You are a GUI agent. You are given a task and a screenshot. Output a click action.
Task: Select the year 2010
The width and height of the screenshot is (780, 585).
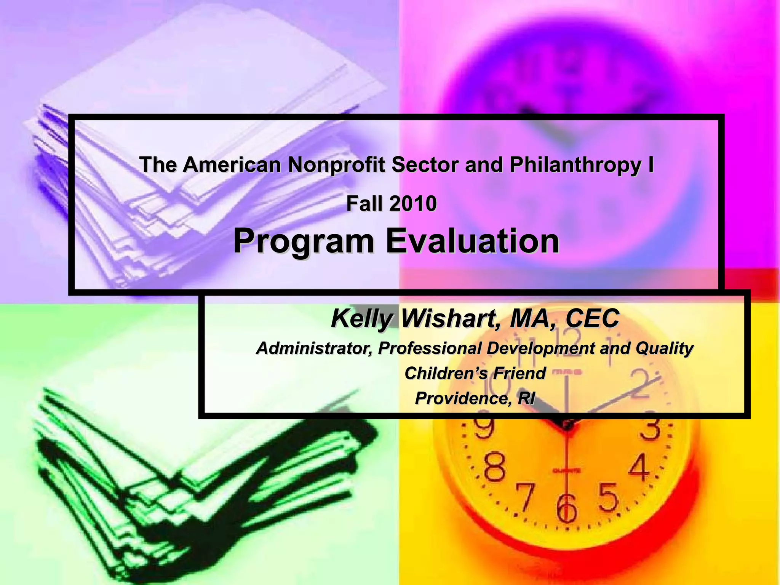(413, 203)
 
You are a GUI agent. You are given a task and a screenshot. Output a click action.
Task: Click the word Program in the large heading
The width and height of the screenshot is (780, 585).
(304, 241)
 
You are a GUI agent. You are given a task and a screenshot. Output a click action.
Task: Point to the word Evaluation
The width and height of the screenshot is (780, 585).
(472, 241)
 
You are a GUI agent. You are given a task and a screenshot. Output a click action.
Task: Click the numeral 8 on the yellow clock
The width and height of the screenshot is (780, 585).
(495, 468)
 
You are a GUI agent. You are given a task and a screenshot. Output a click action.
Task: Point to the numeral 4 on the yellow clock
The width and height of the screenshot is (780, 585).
(639, 467)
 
